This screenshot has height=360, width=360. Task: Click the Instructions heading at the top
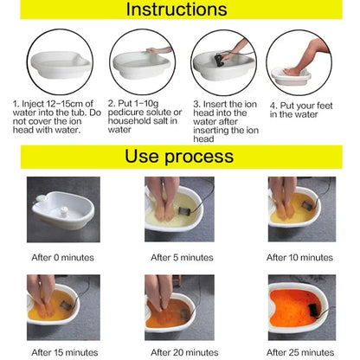tap(179, 11)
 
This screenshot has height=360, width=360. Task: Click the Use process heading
tap(179, 157)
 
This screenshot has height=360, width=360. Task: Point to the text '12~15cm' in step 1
tap(57, 104)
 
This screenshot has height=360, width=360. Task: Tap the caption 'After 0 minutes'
tap(61, 257)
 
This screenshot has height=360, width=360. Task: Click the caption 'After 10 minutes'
tap(299, 257)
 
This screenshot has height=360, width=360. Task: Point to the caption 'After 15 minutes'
tap(61, 352)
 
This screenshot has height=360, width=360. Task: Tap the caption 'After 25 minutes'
tap(299, 352)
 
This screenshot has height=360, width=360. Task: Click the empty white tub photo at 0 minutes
tap(61, 209)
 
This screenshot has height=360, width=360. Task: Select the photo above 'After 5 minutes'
tap(180, 209)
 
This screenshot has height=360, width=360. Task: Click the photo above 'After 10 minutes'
tap(300, 209)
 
